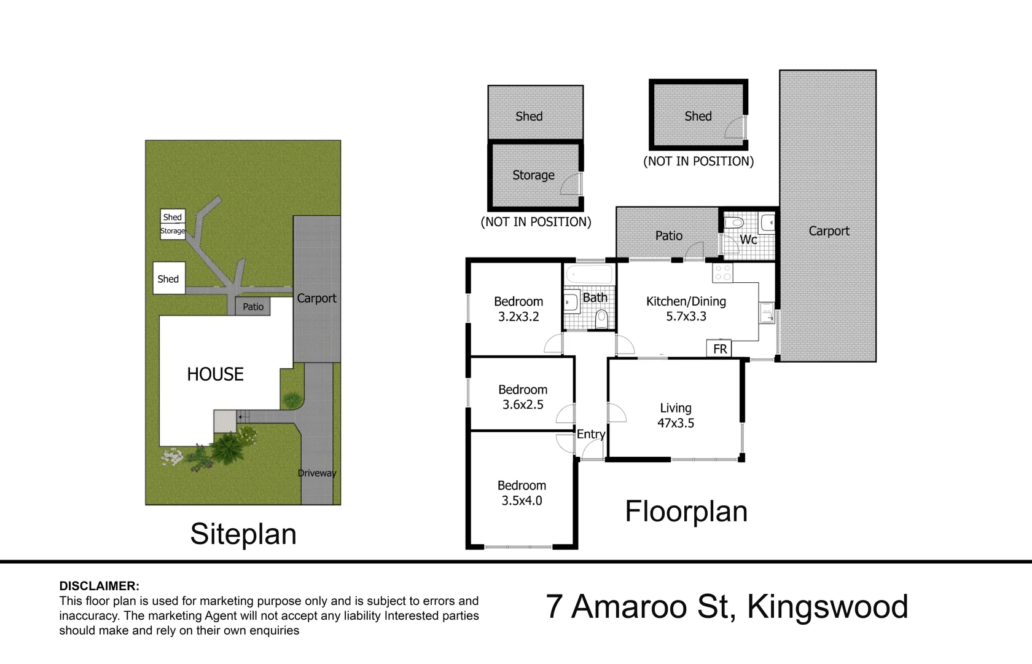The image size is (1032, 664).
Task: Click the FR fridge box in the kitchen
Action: coord(719,349)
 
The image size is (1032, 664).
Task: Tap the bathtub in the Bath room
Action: coord(589,275)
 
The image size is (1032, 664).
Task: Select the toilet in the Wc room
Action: coord(733,223)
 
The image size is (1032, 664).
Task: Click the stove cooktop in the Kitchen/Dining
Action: coord(723,273)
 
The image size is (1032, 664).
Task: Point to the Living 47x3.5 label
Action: coord(676,416)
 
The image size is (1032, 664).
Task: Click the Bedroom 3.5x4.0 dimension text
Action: coord(522,500)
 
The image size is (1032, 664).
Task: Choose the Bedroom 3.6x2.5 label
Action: coord(523,397)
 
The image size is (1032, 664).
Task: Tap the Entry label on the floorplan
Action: coord(590,434)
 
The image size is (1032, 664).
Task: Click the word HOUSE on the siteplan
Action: coord(215,374)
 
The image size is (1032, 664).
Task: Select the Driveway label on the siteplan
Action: coord(317,473)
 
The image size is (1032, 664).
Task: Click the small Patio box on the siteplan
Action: coord(252,306)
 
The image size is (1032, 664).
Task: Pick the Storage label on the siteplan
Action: coord(173,231)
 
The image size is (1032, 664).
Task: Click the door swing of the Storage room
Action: coord(571,184)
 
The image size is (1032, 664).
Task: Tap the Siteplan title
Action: coord(243,534)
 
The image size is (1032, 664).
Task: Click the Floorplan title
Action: coord(686,512)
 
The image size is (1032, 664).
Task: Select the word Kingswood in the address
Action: coord(827,607)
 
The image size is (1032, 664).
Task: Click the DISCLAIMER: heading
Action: coord(99,586)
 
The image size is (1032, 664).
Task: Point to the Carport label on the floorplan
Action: coord(829,231)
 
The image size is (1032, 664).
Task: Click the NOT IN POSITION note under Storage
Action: coord(536,222)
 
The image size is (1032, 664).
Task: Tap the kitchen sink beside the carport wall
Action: coord(766,313)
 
